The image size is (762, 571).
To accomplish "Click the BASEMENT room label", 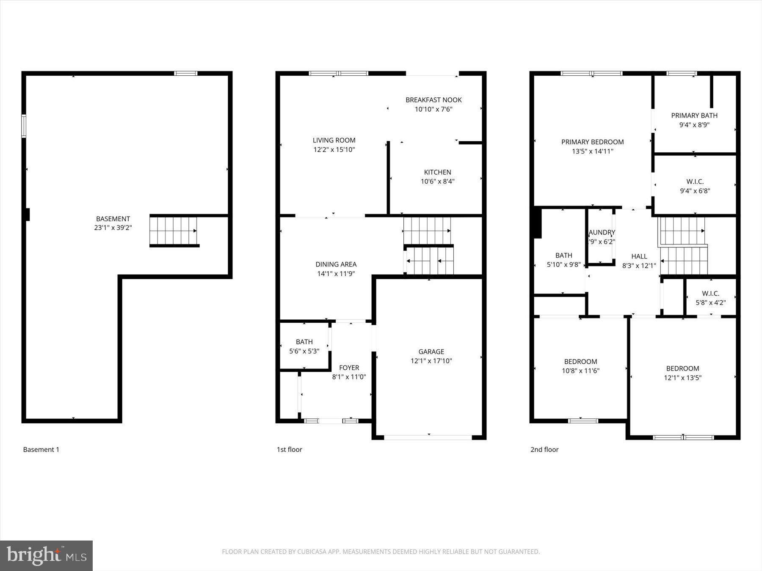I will click(113, 219).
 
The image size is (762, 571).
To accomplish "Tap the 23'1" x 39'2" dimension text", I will click(113, 228).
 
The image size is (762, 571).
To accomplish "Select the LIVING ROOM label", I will click(334, 140).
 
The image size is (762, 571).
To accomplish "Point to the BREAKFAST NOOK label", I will click(433, 100).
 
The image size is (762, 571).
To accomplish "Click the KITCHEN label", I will click(437, 172).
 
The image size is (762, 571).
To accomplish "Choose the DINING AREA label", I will click(336, 264).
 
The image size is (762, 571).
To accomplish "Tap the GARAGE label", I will click(431, 351).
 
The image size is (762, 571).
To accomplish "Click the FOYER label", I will click(349, 368).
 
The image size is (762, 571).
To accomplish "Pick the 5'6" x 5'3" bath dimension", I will click(304, 351).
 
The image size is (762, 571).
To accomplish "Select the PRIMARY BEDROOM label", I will click(592, 142).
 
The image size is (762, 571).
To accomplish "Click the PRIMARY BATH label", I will click(694, 115).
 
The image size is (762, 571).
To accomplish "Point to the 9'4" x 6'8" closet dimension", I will click(695, 191).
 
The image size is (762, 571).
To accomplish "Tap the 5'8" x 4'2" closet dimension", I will click(710, 303).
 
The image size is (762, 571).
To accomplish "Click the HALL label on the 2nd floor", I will click(639, 256).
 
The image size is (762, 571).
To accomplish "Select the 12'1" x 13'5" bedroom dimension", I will click(682, 378).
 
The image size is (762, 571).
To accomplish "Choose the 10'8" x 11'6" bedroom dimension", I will click(580, 371).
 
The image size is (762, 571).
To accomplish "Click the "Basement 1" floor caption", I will click(41, 450).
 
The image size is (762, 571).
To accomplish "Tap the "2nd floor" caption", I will click(544, 450).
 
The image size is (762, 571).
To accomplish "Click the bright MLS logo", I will click(46, 555).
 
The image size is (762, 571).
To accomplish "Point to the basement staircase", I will click(174, 231).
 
